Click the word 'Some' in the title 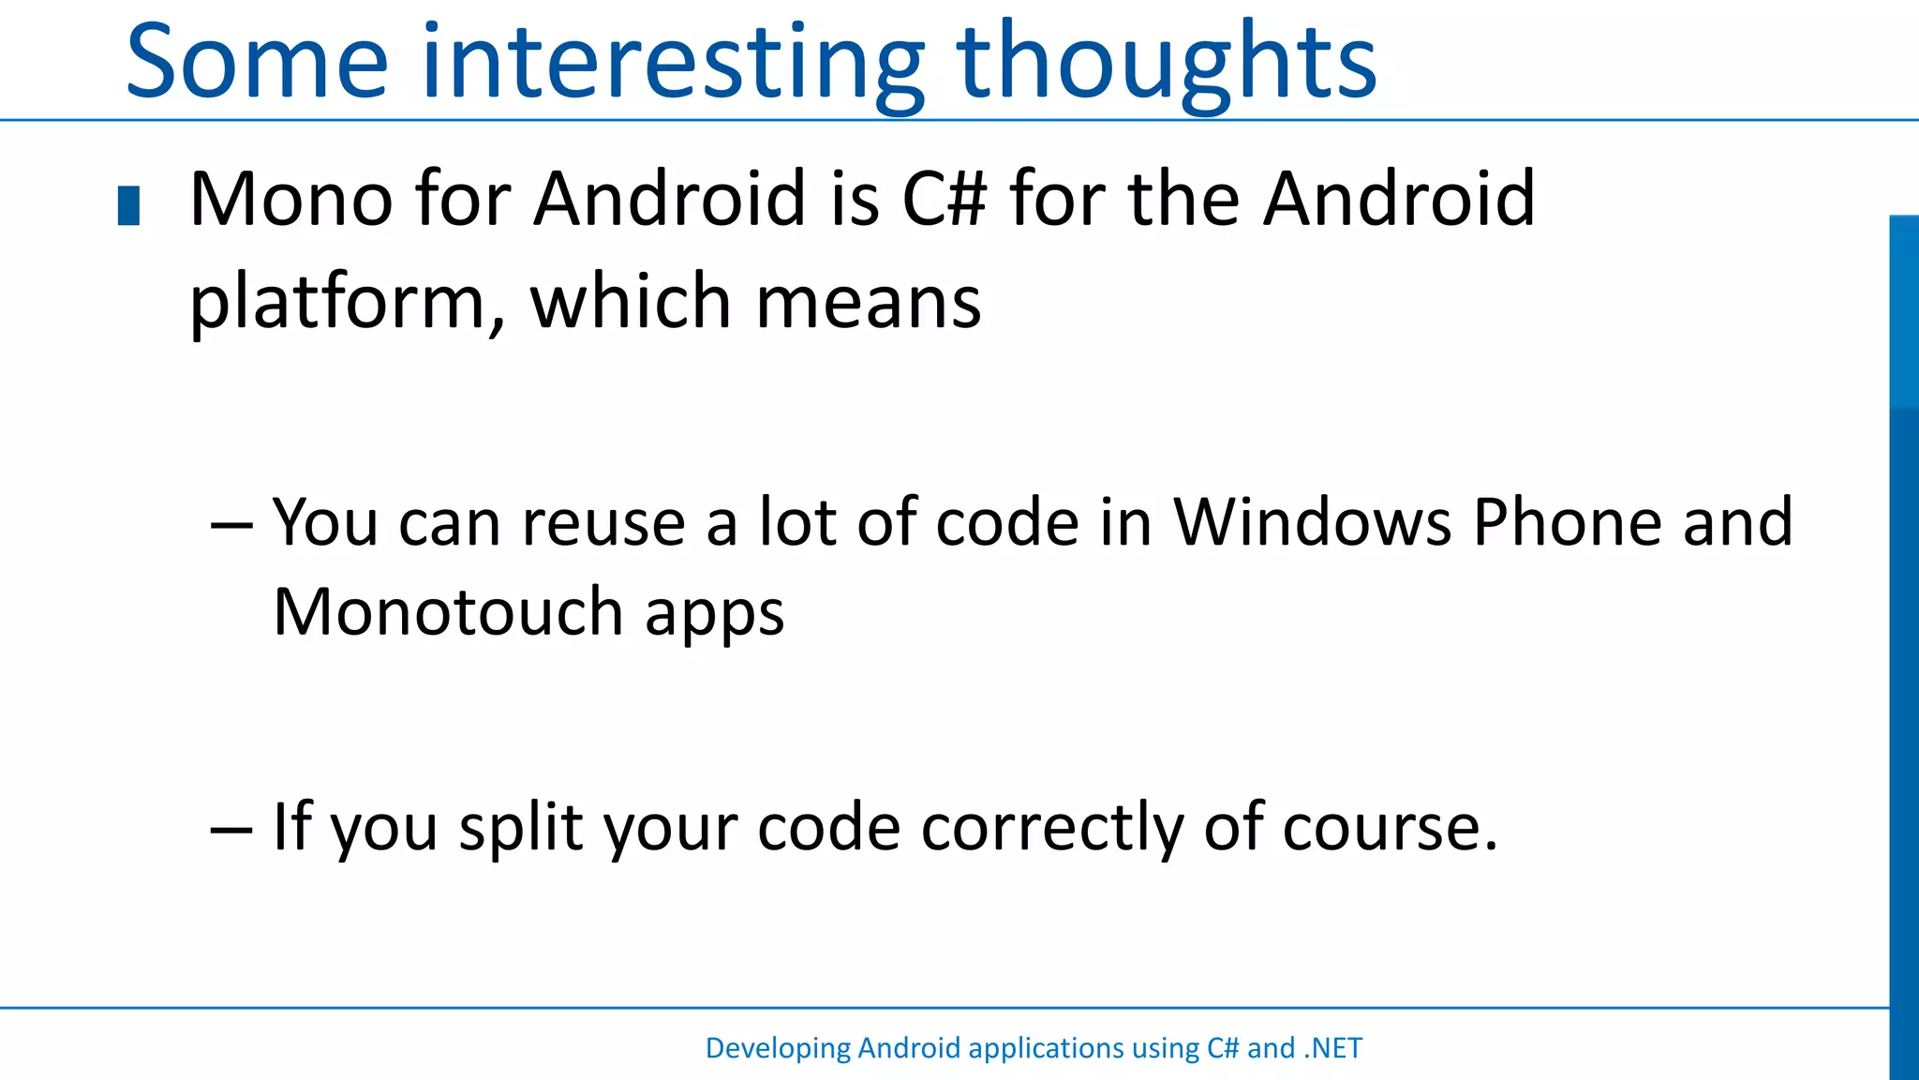[256, 62]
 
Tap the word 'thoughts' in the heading [1167, 62]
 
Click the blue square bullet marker [128, 206]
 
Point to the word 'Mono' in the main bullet [290, 200]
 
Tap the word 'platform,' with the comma [347, 303]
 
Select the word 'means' [868, 303]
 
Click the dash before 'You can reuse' [231, 523]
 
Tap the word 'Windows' [1312, 521]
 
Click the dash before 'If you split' [231, 829]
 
